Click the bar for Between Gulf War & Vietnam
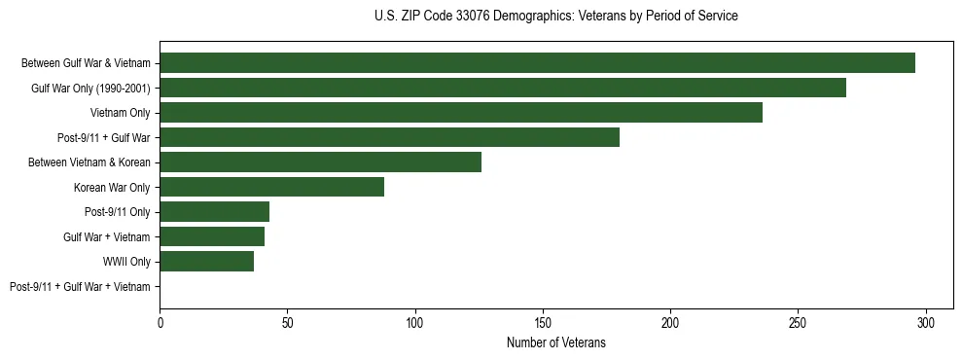click(x=537, y=63)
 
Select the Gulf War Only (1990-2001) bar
click(x=503, y=88)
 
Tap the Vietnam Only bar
click(x=461, y=113)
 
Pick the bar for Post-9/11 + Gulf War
click(x=389, y=137)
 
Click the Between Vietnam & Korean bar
click(x=320, y=162)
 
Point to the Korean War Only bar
click(x=271, y=187)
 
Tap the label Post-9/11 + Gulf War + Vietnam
click(x=80, y=287)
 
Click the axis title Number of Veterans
click(x=555, y=342)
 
